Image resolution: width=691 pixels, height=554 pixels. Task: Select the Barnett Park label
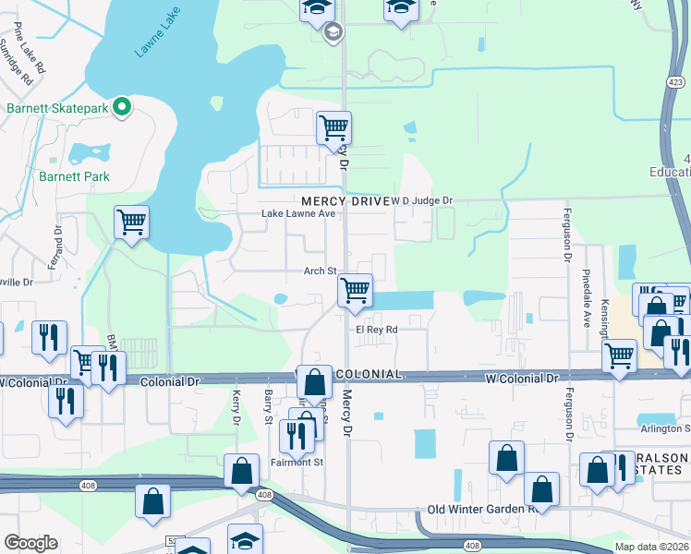(x=74, y=176)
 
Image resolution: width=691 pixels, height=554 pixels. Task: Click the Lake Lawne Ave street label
(x=297, y=214)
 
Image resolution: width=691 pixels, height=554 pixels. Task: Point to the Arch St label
(x=320, y=271)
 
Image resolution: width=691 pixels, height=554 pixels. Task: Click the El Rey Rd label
(x=377, y=329)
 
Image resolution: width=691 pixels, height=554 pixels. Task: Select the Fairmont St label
(x=297, y=462)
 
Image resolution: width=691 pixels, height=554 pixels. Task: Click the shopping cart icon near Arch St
(x=355, y=290)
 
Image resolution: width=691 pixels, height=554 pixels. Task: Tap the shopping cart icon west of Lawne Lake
(x=132, y=222)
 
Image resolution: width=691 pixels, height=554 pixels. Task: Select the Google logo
(x=30, y=543)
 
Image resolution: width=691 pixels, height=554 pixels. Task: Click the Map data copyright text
(x=651, y=548)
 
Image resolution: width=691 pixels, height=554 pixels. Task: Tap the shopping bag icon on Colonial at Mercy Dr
(x=315, y=380)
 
